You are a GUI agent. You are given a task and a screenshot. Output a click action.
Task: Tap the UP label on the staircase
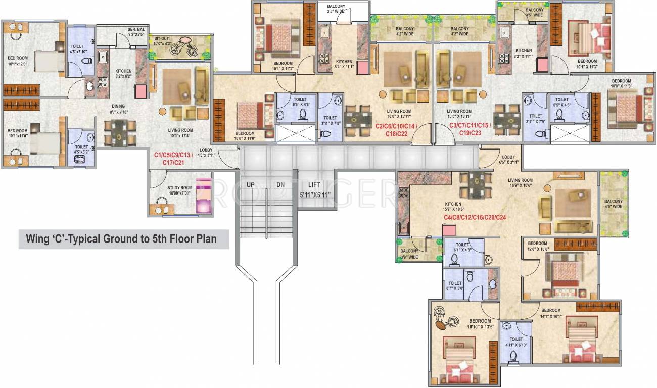tap(250, 185)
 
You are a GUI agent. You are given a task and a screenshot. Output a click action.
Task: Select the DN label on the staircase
tap(280, 185)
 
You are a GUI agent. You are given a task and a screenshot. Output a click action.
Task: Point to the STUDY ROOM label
tap(180, 188)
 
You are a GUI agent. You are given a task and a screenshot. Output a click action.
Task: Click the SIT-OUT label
tap(162, 38)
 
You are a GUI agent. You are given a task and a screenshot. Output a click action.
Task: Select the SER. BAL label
tap(136, 30)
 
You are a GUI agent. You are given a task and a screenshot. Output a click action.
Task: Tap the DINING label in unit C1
tap(118, 106)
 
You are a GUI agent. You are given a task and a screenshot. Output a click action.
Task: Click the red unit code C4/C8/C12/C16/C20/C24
tap(475, 218)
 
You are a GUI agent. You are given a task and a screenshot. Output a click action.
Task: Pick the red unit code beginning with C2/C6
tap(396, 126)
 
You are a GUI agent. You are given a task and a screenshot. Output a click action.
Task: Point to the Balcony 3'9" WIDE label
tap(409, 254)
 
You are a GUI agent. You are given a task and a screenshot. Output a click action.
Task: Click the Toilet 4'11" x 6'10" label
tap(516, 342)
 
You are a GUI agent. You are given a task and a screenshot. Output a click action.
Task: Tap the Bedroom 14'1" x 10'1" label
tap(550, 313)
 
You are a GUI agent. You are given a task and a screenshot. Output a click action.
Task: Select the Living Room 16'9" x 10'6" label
tap(520, 183)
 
